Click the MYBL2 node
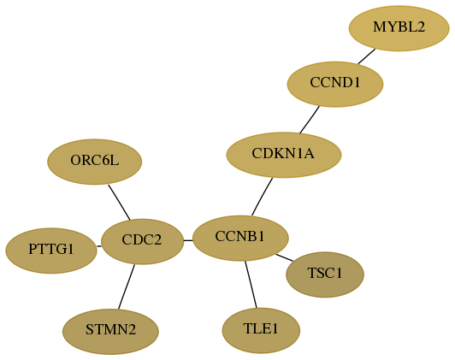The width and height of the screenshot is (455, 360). (399, 28)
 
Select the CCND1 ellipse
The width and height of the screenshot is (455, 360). (335, 84)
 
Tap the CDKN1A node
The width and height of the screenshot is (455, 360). (284, 155)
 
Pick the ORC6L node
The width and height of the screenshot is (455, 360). (95, 162)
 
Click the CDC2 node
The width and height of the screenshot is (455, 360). (142, 242)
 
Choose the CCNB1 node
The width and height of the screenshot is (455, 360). (240, 239)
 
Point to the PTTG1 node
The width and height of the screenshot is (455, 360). (51, 251)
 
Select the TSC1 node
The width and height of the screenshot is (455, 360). (325, 274)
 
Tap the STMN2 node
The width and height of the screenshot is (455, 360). (110, 332)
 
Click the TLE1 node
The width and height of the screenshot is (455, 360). (261, 331)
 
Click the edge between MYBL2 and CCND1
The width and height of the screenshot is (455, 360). (367, 56)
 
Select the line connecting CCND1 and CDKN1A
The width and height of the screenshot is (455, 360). (310, 120)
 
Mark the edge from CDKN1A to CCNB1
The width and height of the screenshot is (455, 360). (262, 197)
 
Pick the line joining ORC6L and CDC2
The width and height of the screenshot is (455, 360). (119, 202)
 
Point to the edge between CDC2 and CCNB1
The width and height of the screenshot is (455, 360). (188, 240)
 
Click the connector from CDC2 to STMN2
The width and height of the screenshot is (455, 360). (127, 287)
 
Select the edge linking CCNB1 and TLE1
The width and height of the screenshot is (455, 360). (251, 284)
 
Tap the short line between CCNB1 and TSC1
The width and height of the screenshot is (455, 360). (284, 257)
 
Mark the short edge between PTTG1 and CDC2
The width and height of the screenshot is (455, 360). (99, 246)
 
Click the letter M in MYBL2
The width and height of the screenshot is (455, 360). (379, 27)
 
